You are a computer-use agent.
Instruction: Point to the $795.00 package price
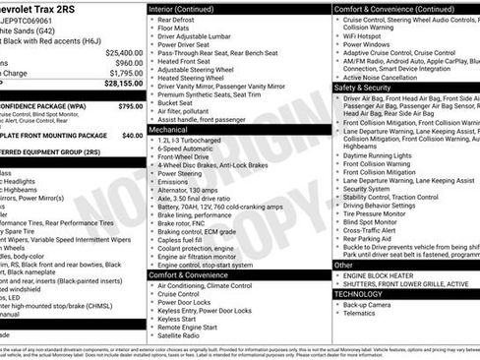pos(130,105)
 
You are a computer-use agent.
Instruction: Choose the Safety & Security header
pos(363,87)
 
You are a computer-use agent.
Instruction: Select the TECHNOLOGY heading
pos(358,293)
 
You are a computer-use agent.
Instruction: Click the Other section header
pos(344,265)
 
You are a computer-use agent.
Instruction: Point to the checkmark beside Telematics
pos(338,316)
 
